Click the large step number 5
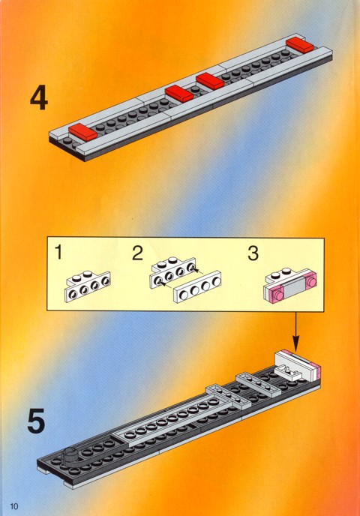point(36,421)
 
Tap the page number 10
point(14,505)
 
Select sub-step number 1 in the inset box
point(58,253)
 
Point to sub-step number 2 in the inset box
point(137,253)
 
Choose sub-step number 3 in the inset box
point(253,253)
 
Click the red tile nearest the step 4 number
point(83,132)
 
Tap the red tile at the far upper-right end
point(300,45)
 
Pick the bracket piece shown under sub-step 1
point(88,286)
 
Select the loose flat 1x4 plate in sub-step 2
point(197,286)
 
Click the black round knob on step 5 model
point(72,455)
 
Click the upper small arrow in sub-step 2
point(196,271)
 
